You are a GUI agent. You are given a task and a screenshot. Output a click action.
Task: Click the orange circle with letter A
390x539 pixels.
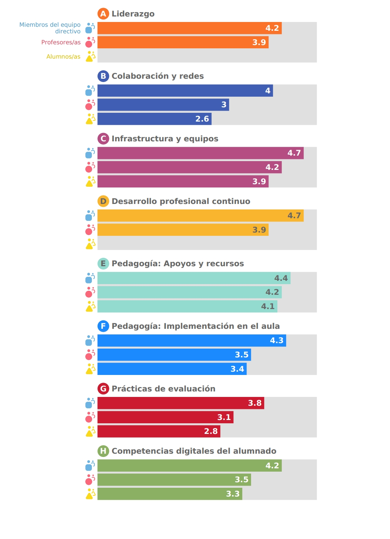tap(103, 14)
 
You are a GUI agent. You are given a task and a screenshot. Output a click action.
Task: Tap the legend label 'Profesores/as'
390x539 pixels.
tap(61, 42)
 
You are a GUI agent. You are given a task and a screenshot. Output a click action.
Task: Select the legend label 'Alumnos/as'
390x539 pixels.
tap(63, 57)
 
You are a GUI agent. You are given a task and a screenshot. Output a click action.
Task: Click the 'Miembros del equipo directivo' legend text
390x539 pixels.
tap(50, 28)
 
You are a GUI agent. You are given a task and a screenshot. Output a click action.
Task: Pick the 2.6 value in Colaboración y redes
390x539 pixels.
tap(202, 119)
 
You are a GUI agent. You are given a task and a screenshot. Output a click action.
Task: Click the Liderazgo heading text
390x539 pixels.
tap(133, 14)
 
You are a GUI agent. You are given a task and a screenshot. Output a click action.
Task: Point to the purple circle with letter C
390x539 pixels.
tap(103, 139)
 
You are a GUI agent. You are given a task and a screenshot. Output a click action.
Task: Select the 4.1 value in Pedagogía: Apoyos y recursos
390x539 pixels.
tap(268, 306)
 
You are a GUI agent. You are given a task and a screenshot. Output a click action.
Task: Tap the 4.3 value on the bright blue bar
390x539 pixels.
tap(277, 341)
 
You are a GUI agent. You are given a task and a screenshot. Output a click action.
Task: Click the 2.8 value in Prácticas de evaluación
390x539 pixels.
tap(211, 431)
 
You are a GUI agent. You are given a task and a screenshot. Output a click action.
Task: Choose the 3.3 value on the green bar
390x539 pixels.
tap(233, 494)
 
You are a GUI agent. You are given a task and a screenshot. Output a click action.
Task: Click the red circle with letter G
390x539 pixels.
tap(103, 389)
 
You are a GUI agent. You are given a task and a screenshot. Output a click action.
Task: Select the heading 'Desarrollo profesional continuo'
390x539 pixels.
tap(181, 201)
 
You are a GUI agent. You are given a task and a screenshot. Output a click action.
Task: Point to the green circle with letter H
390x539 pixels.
tap(103, 451)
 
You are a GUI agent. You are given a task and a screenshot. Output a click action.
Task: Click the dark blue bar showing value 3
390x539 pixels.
tap(163, 105)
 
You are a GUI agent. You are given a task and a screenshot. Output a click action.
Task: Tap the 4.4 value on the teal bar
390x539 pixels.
tap(281, 278)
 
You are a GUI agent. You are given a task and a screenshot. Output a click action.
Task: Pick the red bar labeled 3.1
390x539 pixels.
tap(165, 417)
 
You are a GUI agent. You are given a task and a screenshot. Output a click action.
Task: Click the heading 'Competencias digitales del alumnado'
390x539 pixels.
tap(194, 451)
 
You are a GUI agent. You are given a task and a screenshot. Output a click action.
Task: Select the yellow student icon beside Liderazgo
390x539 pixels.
tap(90, 56)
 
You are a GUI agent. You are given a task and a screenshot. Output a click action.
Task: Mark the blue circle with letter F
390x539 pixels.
tap(103, 326)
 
